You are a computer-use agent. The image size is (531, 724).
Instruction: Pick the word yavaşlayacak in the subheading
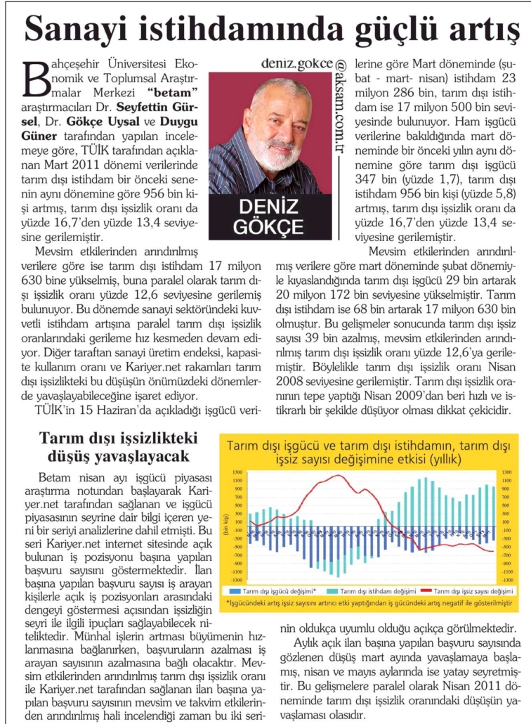144,455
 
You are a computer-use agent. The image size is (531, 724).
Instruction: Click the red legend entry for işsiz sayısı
467,590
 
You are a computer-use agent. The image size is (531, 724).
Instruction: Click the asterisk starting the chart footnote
228,603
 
